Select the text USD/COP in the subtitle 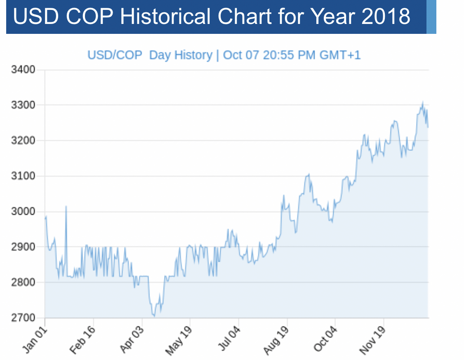point(115,55)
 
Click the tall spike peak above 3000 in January point(66,206)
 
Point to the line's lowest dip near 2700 point(154,316)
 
